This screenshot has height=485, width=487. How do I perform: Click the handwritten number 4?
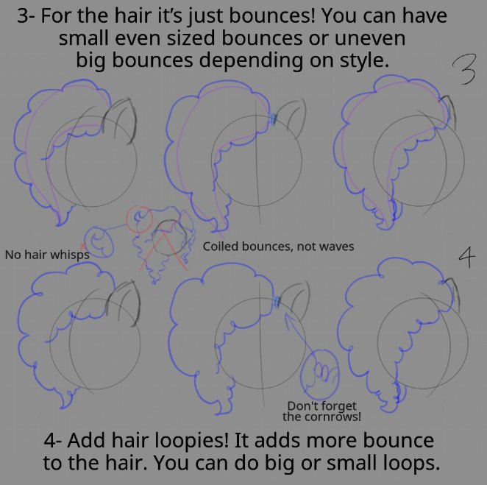tap(467, 258)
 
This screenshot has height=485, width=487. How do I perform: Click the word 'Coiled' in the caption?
tap(221, 247)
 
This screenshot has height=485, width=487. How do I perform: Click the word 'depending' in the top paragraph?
tap(251, 60)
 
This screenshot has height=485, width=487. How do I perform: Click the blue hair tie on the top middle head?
tap(273, 119)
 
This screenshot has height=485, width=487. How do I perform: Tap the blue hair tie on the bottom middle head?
tap(277, 302)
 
